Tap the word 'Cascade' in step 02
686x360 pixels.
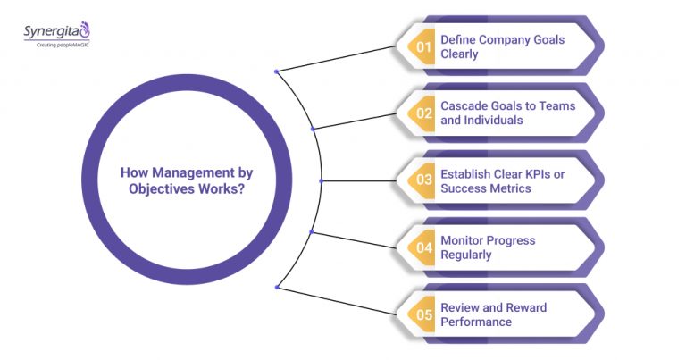[x=465, y=105]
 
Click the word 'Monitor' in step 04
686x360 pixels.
[x=464, y=240]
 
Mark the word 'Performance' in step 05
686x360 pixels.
[x=476, y=322]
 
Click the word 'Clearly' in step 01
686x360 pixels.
[x=462, y=54]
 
